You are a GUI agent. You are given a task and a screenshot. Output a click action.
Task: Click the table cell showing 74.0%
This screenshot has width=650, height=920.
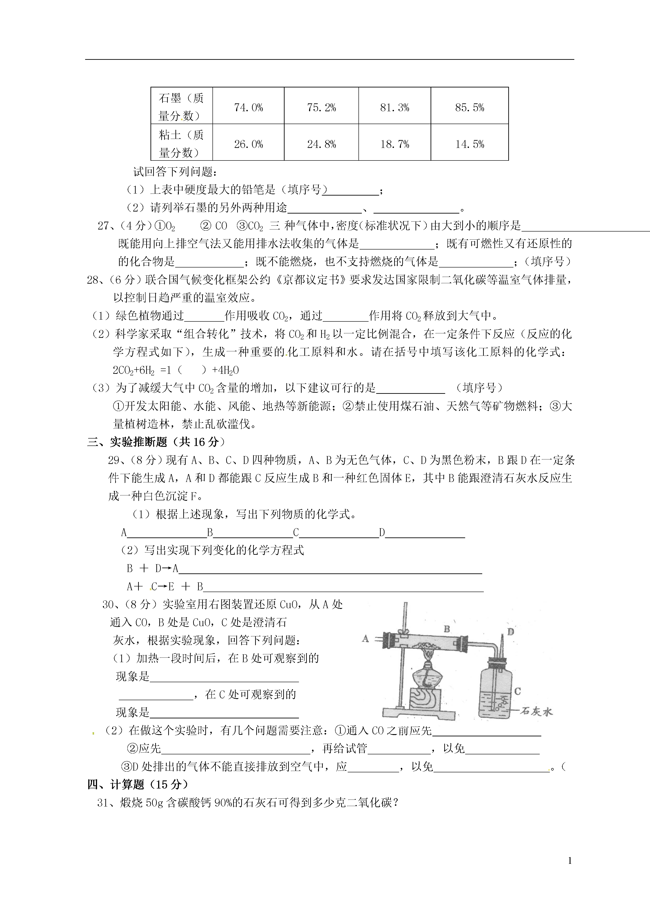248,107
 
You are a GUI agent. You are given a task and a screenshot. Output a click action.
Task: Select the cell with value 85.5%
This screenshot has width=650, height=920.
469,107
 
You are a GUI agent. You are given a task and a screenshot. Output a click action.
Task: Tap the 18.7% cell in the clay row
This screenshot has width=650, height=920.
394,144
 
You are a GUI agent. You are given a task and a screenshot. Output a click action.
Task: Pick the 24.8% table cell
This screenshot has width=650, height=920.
321,144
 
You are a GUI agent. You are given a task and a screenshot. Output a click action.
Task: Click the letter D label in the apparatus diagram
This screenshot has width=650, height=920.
510,632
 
